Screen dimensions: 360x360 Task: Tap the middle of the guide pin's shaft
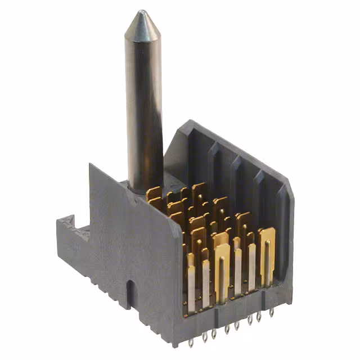pyautogui.click(x=144, y=101)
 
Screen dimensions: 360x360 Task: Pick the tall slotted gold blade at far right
pyautogui.click(x=266, y=253)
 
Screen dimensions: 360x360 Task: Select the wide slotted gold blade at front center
pyautogui.click(x=222, y=270)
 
